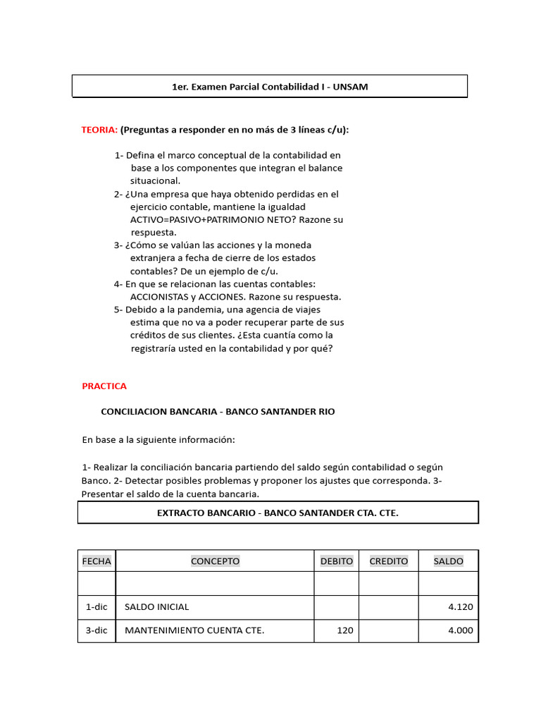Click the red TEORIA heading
coord(99,130)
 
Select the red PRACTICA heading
coord(104,386)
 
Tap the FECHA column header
coord(97,561)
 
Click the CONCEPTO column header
coord(215,561)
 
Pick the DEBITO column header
coord(337,561)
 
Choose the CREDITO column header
coord(389,561)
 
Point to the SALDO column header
coord(448,561)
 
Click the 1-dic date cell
coord(97,606)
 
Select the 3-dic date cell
coord(97,630)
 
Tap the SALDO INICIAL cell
coord(157,606)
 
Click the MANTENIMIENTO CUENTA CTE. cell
coord(194,630)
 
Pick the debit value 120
coord(344,630)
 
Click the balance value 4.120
coord(461,606)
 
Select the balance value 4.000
coord(461,630)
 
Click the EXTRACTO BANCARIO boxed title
coord(278,513)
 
